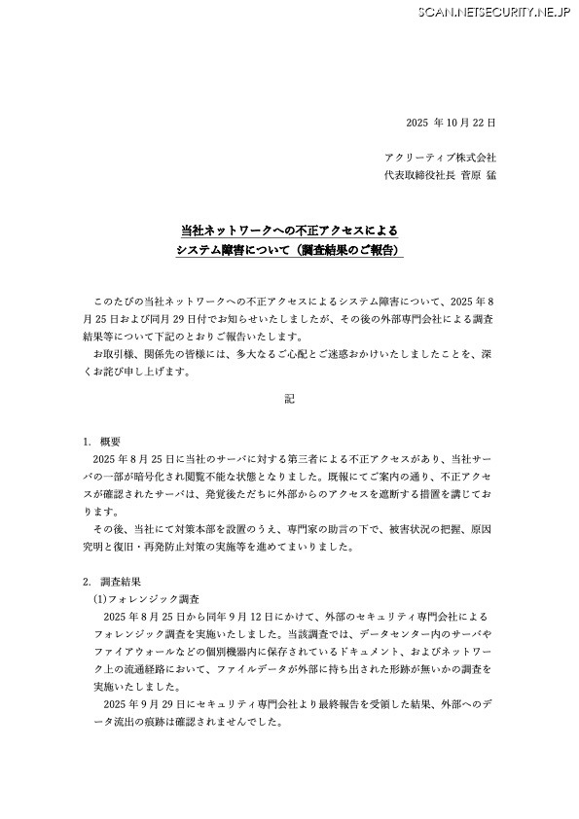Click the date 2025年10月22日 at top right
(451, 123)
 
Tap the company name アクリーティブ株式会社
(441, 158)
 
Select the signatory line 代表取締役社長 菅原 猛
(441, 175)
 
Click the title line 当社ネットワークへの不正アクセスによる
(289, 231)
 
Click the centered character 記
(289, 399)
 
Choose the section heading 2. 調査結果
(113, 581)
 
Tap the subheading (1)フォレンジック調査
(146, 599)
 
